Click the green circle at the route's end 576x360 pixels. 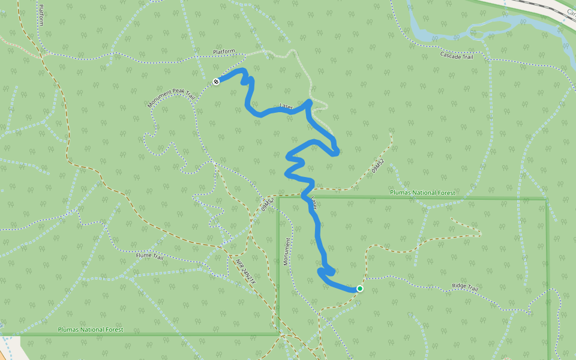[359, 289]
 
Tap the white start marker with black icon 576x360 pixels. [216, 81]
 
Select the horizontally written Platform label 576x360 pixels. [224, 52]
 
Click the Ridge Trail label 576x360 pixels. [464, 288]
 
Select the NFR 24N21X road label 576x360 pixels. [245, 271]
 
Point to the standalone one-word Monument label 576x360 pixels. [287, 251]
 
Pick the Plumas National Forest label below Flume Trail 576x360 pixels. [91, 330]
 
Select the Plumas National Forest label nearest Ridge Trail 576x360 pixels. [422, 193]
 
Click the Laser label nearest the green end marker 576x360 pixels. [313, 203]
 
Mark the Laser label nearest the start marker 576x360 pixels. [286, 107]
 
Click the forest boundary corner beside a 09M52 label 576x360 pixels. [278, 197]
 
